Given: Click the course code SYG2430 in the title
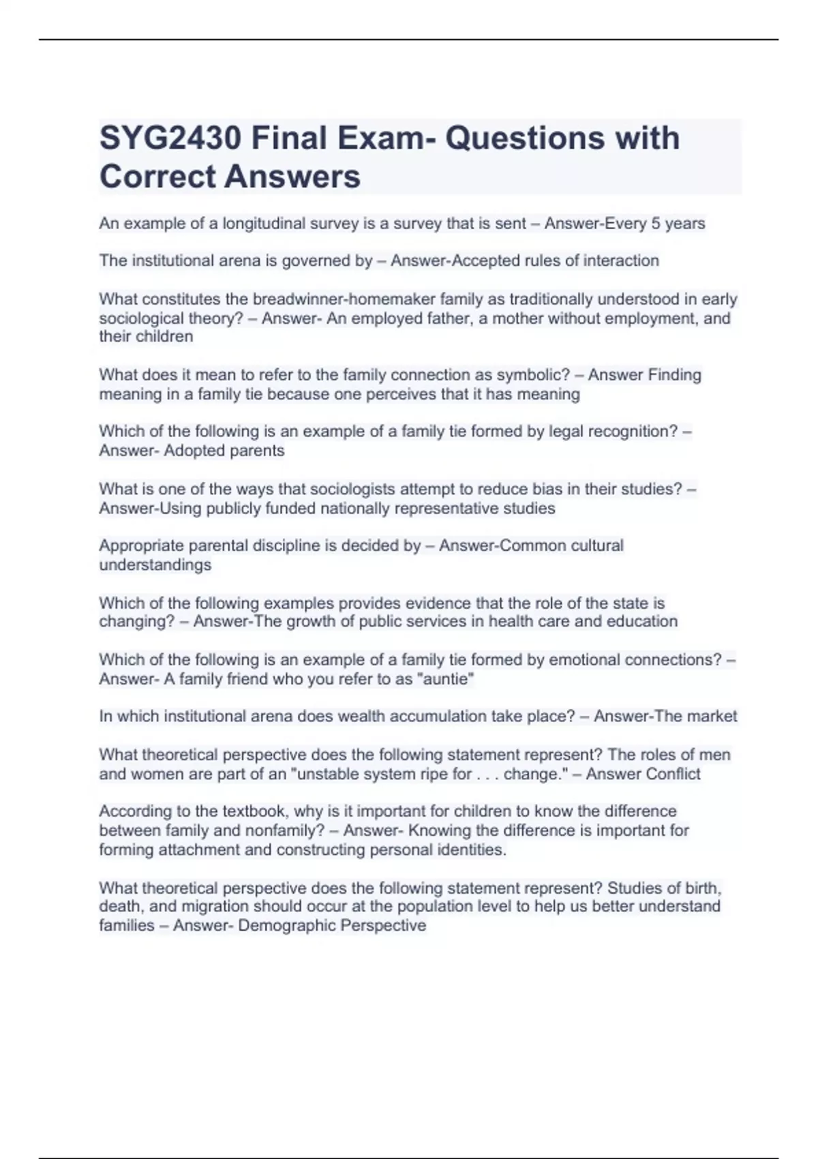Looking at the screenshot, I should click(x=170, y=138).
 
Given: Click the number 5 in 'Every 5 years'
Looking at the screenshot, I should click(x=656, y=224).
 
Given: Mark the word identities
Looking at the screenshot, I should click(x=471, y=849).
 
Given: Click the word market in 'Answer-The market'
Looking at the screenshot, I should click(x=712, y=717).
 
